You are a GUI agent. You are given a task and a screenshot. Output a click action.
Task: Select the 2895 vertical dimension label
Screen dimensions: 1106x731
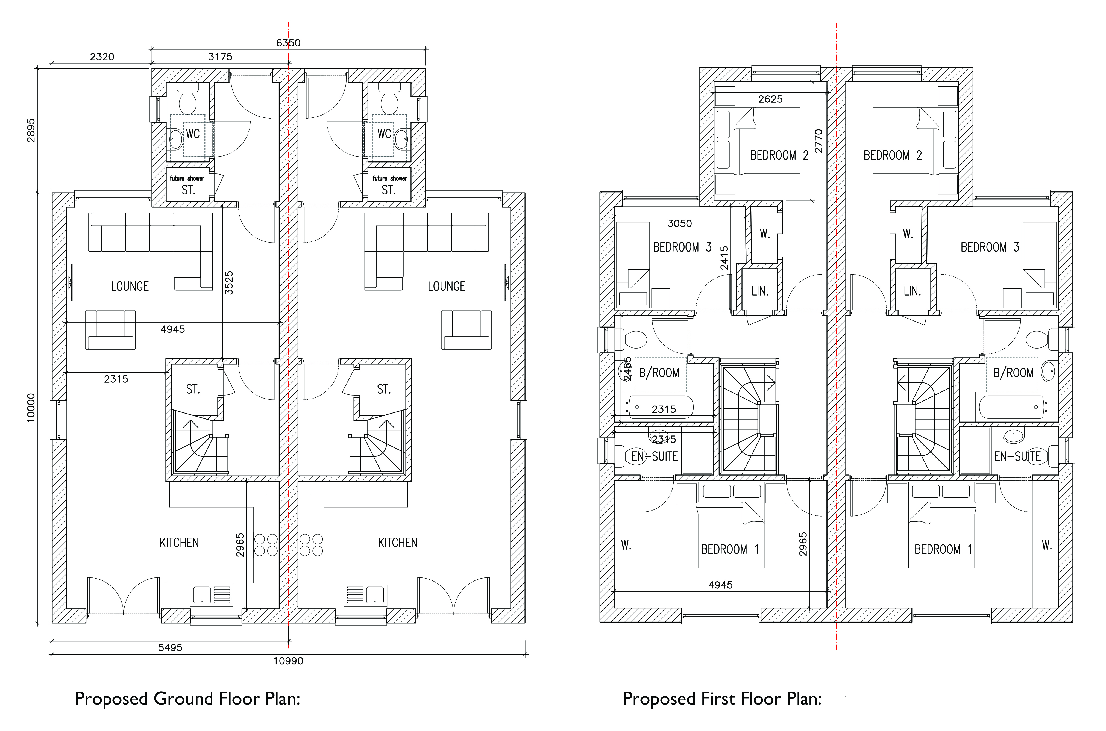[x=31, y=131]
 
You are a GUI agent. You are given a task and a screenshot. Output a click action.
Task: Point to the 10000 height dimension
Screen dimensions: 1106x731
[x=31, y=408]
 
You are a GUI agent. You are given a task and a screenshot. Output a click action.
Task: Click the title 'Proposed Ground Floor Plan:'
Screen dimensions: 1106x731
[x=187, y=699]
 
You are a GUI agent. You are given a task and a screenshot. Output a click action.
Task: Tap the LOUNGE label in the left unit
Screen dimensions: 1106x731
[x=130, y=286]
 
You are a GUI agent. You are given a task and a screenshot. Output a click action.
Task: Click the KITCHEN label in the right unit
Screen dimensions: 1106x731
[x=398, y=543]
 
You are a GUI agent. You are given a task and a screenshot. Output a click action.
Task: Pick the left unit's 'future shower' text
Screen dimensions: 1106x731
[x=187, y=178]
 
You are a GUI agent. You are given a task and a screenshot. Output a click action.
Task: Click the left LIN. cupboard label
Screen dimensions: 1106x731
[x=760, y=291]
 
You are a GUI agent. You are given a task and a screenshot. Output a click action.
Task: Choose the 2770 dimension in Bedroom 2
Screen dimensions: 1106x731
[x=818, y=141]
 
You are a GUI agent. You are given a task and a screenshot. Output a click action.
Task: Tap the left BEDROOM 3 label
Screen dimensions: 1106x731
[x=682, y=247]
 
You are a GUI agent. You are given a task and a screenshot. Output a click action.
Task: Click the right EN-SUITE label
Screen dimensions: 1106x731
[x=1017, y=456]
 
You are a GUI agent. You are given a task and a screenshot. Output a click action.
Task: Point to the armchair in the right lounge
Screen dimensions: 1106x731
[x=466, y=330]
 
